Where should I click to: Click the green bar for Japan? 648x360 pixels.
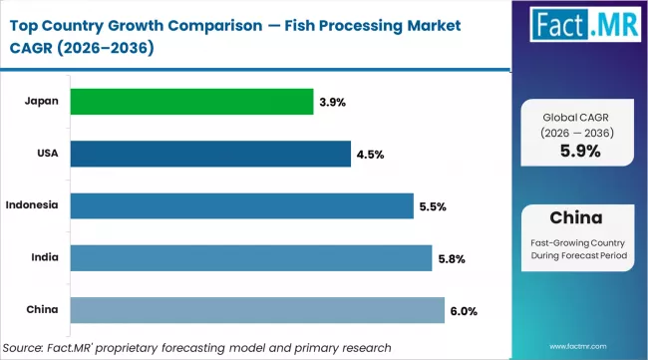(190, 102)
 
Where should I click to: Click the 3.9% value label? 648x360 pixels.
(334, 102)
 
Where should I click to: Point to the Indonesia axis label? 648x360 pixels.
(31, 205)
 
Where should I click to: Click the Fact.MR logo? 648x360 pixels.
(580, 29)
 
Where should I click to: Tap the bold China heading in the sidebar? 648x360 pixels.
(579, 217)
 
